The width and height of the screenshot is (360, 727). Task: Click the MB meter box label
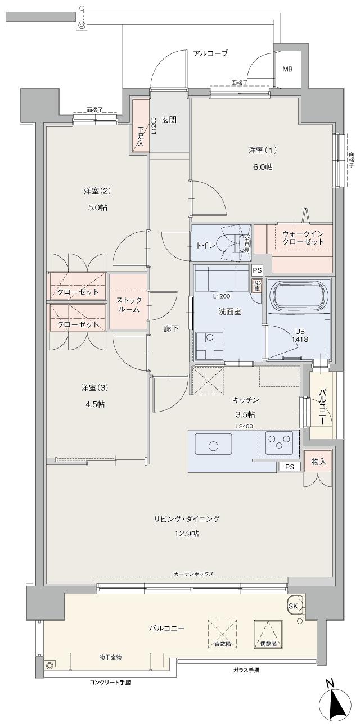(287, 70)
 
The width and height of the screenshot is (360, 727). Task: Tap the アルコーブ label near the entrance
(210, 53)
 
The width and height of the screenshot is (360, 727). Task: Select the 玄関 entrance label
(169, 120)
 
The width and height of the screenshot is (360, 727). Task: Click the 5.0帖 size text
(97, 207)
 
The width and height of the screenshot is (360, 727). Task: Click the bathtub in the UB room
(299, 296)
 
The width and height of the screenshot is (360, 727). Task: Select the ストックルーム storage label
(128, 305)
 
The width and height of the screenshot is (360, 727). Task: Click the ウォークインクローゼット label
(303, 237)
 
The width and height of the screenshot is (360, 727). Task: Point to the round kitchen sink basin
(213, 446)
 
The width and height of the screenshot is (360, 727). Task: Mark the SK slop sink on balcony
(294, 606)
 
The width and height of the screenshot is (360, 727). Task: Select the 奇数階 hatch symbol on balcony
(223, 633)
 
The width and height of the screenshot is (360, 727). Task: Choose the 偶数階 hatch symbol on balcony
(267, 634)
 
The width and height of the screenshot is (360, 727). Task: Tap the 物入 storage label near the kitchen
(318, 462)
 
